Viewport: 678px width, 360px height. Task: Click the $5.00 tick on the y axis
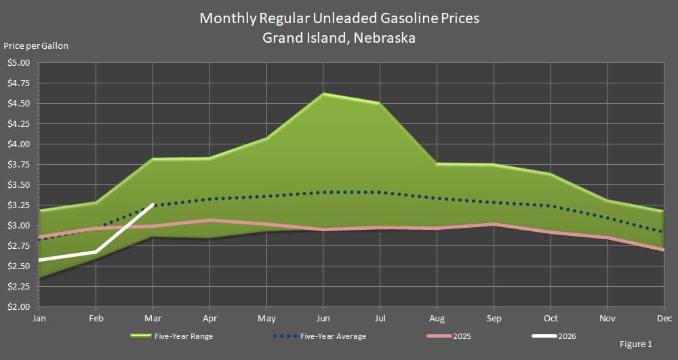click(x=19, y=63)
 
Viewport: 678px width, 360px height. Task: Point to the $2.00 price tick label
click(x=19, y=307)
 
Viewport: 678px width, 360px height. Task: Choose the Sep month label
click(x=494, y=318)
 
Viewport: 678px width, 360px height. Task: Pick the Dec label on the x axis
click(x=664, y=318)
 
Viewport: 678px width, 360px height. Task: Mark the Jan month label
click(x=40, y=318)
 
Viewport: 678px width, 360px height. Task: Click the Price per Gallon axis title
click(x=36, y=46)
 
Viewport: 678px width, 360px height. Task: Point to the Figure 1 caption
click(x=635, y=344)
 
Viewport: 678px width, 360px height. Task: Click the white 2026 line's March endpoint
click(x=154, y=204)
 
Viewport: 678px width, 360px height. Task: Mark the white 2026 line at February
click(x=96, y=252)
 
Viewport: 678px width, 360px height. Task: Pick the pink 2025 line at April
click(x=210, y=220)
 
